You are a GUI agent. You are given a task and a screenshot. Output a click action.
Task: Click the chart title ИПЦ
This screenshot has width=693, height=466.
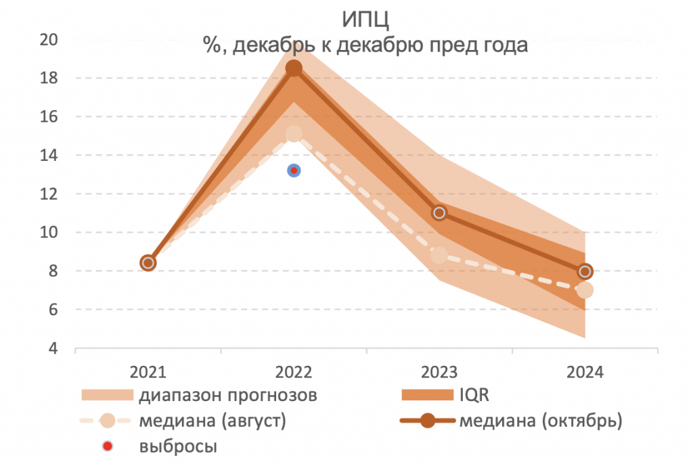365,18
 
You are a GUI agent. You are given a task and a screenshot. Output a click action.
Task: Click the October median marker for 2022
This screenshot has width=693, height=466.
294,68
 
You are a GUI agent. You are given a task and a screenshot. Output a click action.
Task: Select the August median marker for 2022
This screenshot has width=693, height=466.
294,133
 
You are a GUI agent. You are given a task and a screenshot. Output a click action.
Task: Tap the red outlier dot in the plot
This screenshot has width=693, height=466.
294,170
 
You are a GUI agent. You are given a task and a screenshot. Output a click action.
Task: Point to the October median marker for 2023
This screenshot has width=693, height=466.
439,212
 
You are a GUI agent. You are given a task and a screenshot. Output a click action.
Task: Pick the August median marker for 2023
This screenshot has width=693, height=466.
439,255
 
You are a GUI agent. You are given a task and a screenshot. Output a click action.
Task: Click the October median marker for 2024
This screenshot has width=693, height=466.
585,271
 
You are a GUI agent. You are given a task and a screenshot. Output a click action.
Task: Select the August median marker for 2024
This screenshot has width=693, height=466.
585,290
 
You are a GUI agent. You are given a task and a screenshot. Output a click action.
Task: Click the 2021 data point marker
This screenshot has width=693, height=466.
148,262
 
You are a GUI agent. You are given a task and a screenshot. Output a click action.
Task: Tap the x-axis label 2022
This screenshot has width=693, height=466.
294,372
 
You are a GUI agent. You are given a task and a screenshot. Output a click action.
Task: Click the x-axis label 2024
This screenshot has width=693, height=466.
585,372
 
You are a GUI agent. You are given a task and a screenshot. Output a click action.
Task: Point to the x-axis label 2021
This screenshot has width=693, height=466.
148,372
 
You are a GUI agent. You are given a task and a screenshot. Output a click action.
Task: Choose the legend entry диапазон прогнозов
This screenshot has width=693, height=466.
228,394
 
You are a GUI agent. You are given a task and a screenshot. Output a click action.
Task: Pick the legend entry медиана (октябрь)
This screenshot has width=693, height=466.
539,420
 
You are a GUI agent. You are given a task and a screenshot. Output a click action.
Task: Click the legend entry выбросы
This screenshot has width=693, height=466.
179,446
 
